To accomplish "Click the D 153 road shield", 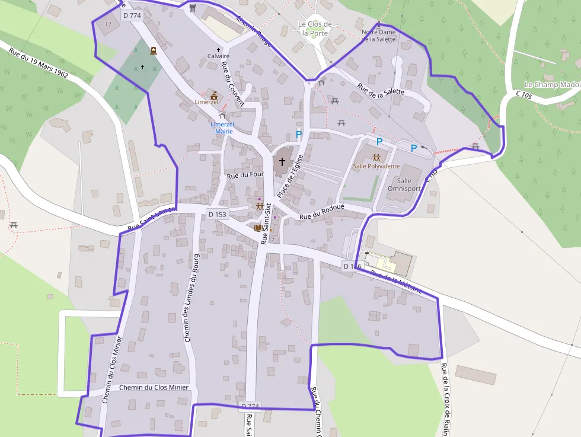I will click(218, 214).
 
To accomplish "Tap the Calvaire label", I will click(218, 56).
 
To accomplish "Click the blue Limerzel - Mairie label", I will click(222, 127).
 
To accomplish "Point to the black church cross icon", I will click(282, 161).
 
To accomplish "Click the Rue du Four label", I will click(245, 175).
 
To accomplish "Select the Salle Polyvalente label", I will click(376, 167).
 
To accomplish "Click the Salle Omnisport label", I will click(404, 184).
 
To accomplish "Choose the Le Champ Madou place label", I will click(553, 85).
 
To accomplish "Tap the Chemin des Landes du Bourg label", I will click(190, 298).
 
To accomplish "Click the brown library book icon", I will click(257, 228).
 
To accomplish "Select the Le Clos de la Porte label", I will click(315, 28).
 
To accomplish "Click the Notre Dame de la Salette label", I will click(378, 36).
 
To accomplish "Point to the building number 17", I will click(107, 24).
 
